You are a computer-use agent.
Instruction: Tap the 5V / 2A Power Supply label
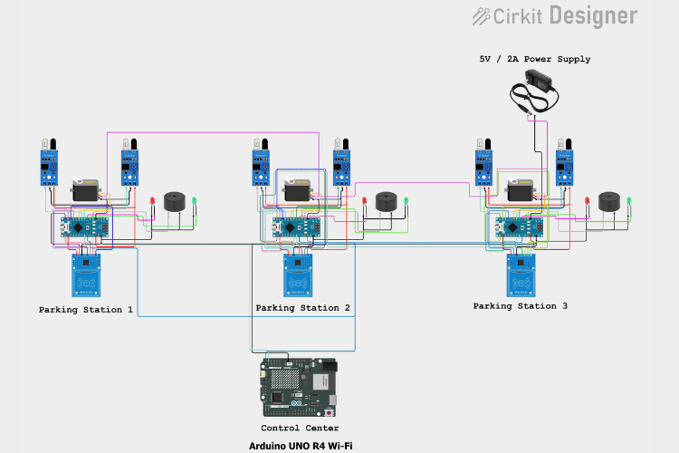click(x=534, y=59)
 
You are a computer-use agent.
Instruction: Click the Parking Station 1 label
click(x=86, y=310)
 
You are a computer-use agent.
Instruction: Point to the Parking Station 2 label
click(x=303, y=308)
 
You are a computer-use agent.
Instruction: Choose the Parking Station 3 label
click(x=521, y=306)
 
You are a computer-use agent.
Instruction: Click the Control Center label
click(x=300, y=428)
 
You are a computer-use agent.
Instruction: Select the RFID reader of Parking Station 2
click(x=298, y=275)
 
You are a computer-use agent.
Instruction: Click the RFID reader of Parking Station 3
click(x=521, y=275)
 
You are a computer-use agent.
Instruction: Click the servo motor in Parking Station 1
click(x=87, y=190)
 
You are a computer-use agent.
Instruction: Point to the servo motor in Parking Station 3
click(x=520, y=190)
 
